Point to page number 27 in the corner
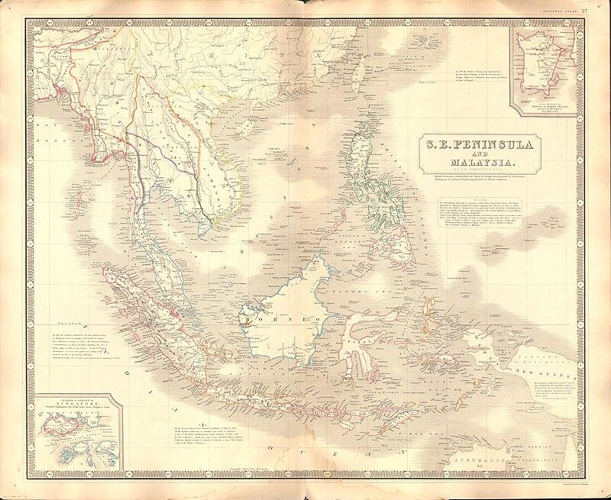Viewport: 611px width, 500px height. point(603,9)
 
